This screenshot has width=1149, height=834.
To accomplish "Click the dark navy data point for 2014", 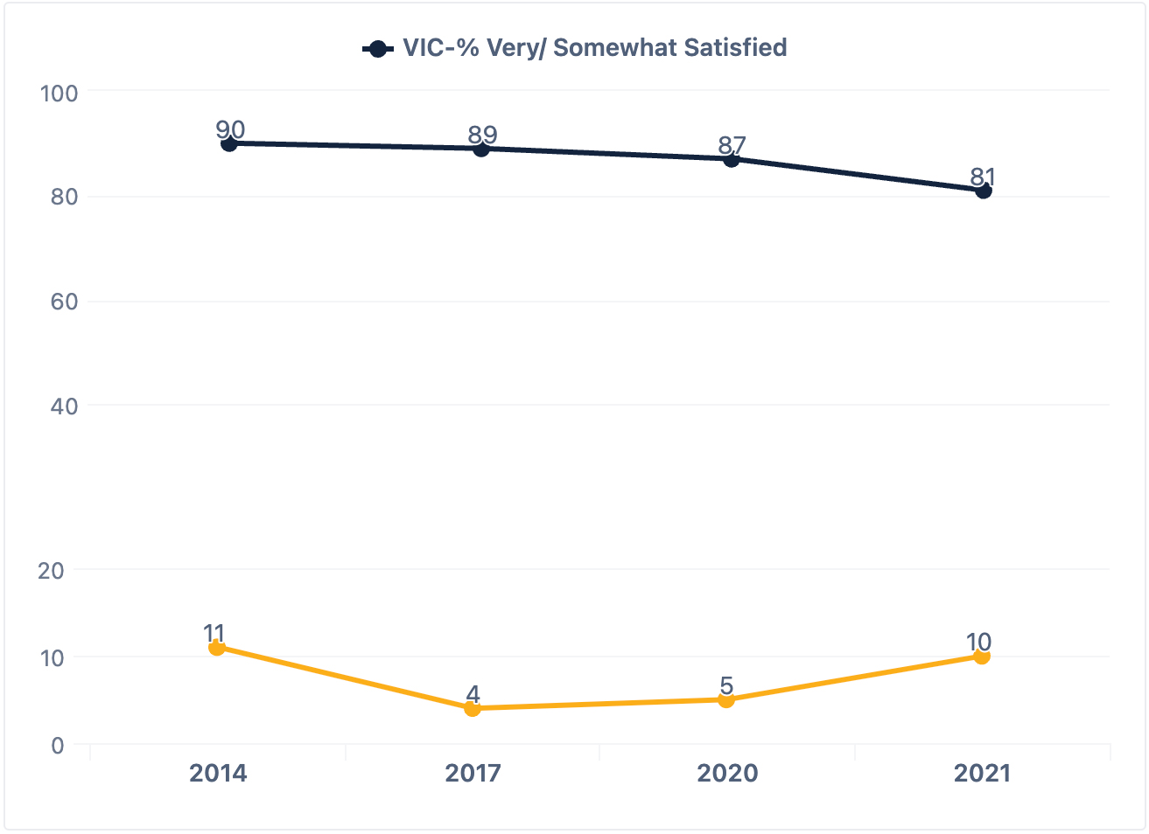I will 229,143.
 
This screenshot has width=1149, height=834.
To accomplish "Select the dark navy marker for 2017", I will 481,149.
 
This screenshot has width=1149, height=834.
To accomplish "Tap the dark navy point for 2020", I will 731,159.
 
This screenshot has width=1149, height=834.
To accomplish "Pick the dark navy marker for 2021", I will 984,191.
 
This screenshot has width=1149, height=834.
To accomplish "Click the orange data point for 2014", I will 217,648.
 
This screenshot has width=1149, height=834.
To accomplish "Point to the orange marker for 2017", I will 473,708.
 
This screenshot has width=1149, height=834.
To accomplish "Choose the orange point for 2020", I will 726,699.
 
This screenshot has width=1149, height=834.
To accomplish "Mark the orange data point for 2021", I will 982,657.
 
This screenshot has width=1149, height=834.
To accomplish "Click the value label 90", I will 230,129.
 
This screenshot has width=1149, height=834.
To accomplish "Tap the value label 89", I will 482,135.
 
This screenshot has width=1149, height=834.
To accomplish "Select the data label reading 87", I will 732,145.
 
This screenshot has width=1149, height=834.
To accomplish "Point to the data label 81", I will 983,177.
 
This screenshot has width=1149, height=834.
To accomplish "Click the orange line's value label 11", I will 214,634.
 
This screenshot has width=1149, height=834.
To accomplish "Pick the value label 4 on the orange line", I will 473,694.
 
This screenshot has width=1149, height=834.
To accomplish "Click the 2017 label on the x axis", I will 473,773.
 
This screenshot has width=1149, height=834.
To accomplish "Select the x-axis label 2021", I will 982,773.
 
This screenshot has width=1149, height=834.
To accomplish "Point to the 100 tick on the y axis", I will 60,93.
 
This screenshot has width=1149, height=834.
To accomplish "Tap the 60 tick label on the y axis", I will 65,302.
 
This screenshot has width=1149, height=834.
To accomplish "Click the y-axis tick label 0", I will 58,746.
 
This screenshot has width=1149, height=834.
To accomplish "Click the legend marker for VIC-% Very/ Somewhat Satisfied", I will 378,49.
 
